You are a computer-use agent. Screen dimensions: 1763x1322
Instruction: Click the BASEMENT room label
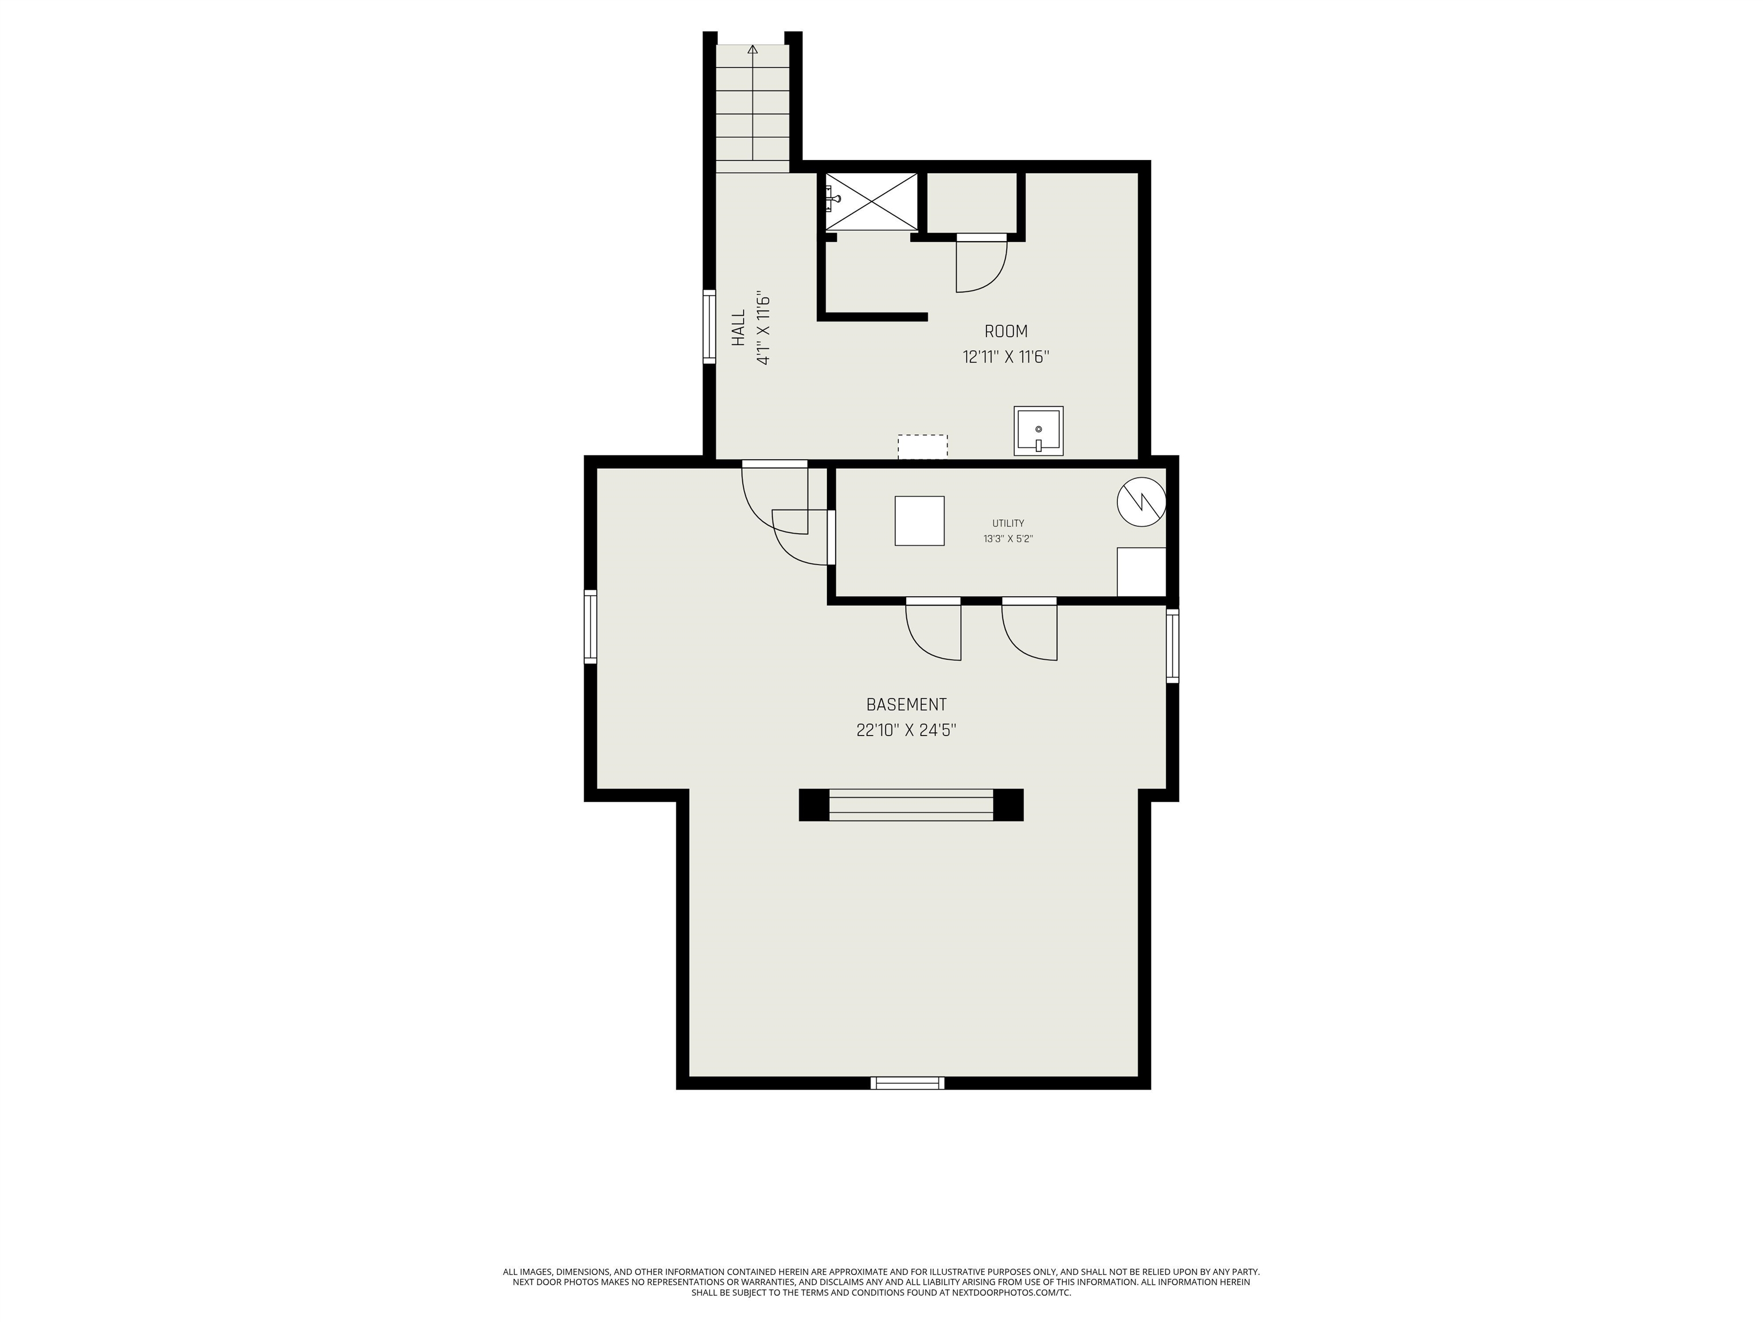tap(906, 705)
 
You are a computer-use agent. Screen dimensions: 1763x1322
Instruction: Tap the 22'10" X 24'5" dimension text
tap(906, 730)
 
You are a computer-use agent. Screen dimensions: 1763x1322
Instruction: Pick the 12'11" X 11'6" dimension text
tap(1006, 357)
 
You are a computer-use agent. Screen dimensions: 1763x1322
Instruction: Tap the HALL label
tap(739, 328)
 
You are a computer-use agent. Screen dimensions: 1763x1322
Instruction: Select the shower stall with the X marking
tap(871, 203)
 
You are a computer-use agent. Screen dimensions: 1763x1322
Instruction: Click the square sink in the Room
tap(1039, 431)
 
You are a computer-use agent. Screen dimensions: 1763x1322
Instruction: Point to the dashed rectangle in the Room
tap(923, 447)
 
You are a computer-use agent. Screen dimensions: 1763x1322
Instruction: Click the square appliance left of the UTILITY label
tap(920, 521)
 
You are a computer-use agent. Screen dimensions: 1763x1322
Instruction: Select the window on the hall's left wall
tap(709, 328)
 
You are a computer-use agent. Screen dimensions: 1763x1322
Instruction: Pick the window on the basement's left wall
tap(591, 627)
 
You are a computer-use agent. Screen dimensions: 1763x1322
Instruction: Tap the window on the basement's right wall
tap(1172, 646)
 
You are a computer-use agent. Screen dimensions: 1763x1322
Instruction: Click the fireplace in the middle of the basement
tap(911, 805)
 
